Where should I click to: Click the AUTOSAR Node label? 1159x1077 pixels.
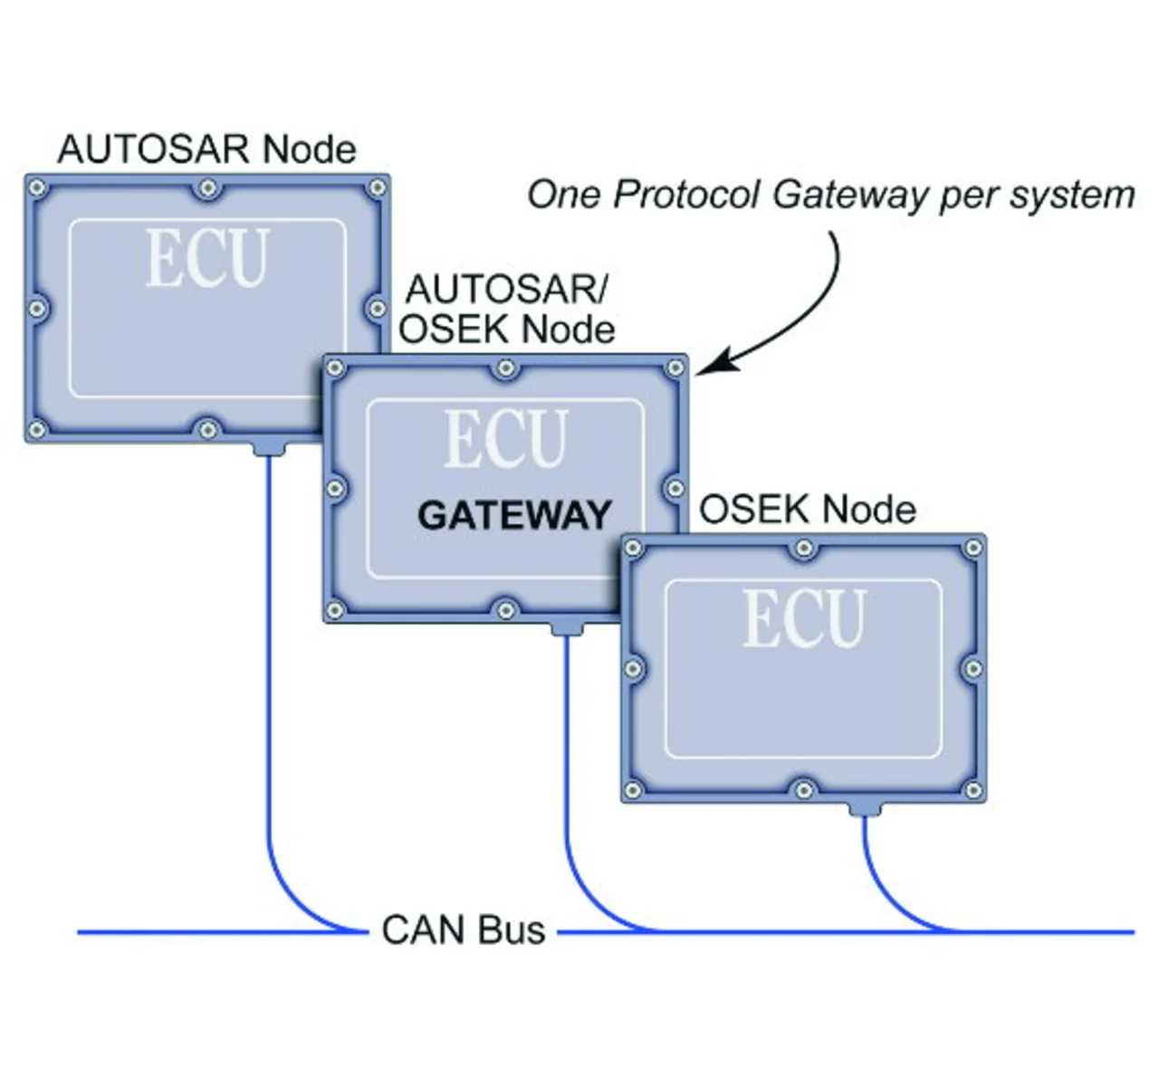coord(206,149)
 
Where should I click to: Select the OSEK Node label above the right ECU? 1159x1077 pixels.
coord(807,510)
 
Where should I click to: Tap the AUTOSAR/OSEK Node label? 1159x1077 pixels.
coord(507,310)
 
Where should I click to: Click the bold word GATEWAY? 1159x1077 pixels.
coord(514,515)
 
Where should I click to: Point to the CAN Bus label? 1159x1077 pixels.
coord(464,930)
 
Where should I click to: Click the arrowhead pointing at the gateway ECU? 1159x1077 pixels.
coord(711,365)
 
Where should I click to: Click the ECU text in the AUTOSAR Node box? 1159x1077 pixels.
coord(207,260)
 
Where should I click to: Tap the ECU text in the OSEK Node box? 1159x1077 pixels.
coord(804,619)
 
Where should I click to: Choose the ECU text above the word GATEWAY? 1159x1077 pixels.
coord(506,439)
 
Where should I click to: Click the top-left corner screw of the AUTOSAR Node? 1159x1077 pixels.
coord(37,188)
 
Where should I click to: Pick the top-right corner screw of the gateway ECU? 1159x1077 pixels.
coord(675,368)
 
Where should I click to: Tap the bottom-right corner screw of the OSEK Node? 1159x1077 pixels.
coord(973,790)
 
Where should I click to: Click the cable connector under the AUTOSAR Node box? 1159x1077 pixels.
coord(268,447)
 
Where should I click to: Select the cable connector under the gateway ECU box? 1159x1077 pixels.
coord(567,627)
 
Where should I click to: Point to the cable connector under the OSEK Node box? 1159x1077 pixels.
coord(865,807)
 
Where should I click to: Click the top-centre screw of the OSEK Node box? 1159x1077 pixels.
coord(803,548)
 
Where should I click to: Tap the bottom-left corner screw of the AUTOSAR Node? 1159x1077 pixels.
coord(37,429)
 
